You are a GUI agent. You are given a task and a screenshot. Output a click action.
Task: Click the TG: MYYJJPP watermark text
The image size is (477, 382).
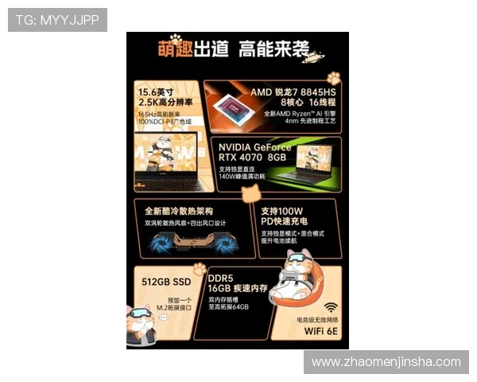tap(57, 20)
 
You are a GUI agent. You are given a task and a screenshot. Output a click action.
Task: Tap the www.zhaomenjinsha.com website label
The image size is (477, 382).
tap(386, 362)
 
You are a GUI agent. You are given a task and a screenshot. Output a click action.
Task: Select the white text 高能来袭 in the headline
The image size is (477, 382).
tap(273, 49)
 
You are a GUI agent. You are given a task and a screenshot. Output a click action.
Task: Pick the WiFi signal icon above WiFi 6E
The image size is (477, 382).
tap(329, 307)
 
